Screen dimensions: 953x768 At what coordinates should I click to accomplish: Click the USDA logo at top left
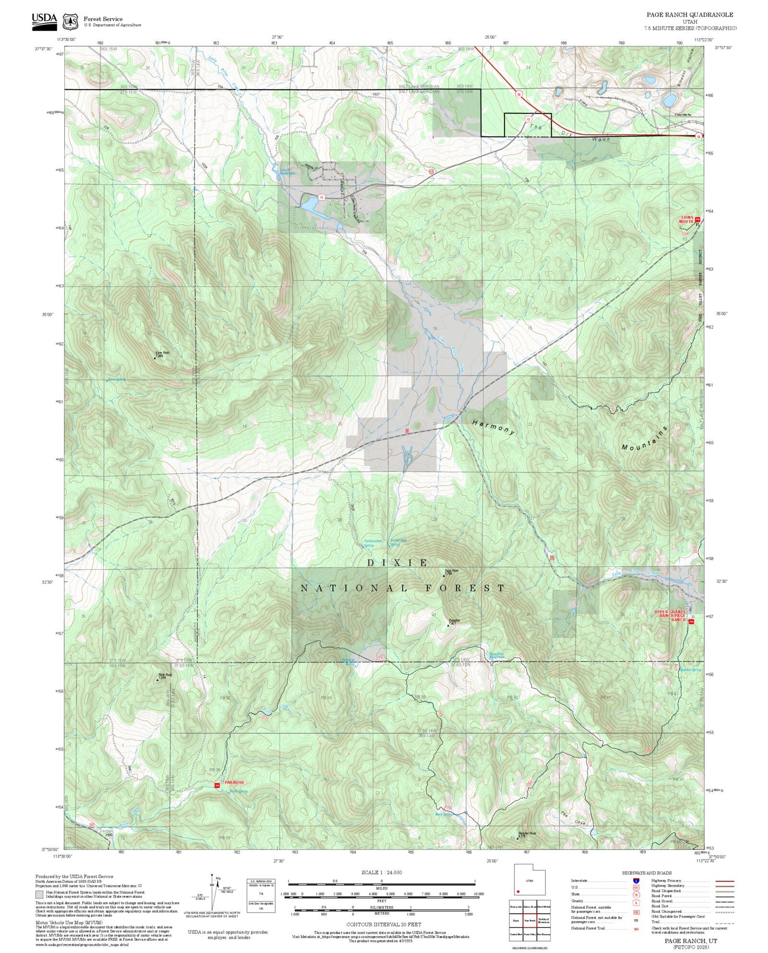(x=44, y=19)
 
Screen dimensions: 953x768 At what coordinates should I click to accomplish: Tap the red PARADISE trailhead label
(x=234, y=782)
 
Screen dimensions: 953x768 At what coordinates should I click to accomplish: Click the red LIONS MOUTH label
(x=688, y=219)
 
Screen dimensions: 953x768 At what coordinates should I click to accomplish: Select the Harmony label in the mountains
(x=494, y=427)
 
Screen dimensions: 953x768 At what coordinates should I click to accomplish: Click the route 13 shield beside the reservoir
(x=322, y=197)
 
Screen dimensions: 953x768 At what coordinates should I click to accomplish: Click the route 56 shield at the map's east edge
(x=698, y=136)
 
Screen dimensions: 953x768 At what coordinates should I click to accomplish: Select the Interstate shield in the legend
(x=636, y=880)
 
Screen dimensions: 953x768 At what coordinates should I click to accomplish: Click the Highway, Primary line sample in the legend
(x=724, y=880)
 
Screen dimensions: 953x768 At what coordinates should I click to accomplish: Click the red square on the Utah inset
(x=518, y=891)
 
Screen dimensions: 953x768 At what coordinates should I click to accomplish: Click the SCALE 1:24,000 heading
(x=381, y=872)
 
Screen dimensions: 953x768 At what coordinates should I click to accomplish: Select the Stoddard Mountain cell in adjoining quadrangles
(x=543, y=920)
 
